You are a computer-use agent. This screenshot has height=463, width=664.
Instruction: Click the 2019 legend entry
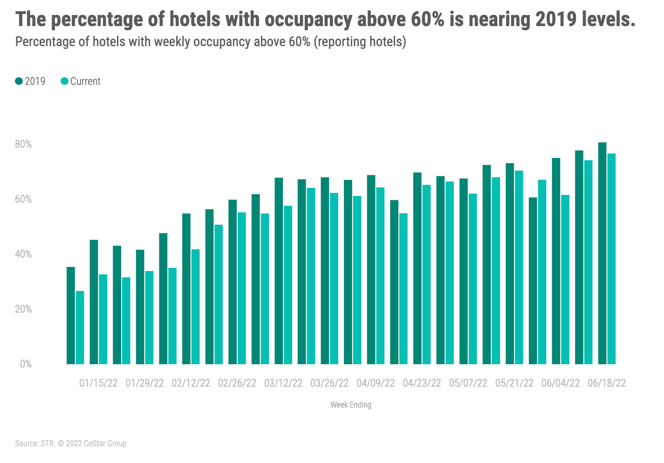30,81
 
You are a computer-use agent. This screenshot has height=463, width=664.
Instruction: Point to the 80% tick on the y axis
23,144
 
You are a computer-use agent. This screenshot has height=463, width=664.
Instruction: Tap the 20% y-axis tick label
23,309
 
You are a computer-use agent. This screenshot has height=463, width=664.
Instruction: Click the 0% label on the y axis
26,364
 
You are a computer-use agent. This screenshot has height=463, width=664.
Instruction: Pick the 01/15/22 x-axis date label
98,383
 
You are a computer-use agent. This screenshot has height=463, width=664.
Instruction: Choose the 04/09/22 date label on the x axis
376,383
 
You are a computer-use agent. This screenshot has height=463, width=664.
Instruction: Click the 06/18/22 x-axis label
607,383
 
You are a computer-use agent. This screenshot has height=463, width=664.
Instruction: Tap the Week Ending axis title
351,405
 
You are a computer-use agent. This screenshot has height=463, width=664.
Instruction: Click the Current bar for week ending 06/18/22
611,259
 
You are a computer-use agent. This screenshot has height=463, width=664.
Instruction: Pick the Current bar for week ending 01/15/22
103,319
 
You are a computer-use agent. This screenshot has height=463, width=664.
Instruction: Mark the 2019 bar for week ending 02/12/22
186,289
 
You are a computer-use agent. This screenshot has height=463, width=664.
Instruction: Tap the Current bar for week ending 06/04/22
565,279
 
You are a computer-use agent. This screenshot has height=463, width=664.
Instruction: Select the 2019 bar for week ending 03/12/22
279,271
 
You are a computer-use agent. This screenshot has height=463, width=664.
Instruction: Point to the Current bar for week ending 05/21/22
519,267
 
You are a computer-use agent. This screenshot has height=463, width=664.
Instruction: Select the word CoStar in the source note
95,443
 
